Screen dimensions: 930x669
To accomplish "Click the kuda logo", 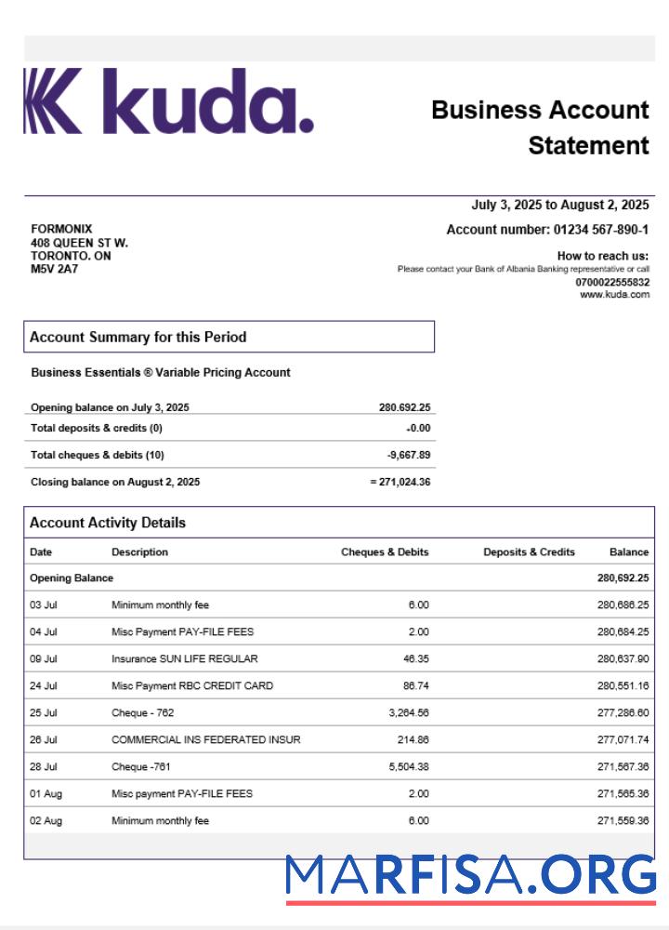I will point(168,101).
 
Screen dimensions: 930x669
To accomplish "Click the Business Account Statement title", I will point(541,127).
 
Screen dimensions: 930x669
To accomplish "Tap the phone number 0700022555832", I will point(612,282).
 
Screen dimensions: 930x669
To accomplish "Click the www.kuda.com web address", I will point(614,295).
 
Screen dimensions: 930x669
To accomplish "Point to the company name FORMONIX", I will point(61,229).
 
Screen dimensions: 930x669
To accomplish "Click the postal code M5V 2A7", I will point(55,269).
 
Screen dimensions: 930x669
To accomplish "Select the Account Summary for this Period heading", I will point(138,337).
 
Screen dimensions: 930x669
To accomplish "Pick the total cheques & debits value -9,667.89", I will point(409,455).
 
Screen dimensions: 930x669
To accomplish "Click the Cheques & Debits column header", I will point(385,551).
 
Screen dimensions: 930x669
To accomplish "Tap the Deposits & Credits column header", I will point(529,551).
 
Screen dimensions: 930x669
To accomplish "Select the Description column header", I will point(139,551).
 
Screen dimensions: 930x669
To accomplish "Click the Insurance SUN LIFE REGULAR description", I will point(184,658).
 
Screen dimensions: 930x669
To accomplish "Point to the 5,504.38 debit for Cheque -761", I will point(405,766).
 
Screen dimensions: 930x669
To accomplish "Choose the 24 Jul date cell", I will point(44,685).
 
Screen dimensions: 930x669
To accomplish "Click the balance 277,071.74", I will point(623,739).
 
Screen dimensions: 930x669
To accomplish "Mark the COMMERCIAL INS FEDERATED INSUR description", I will point(205,739).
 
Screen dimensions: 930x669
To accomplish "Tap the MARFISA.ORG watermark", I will point(470,875).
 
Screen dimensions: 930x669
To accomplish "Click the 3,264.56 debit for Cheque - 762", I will point(405,712).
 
